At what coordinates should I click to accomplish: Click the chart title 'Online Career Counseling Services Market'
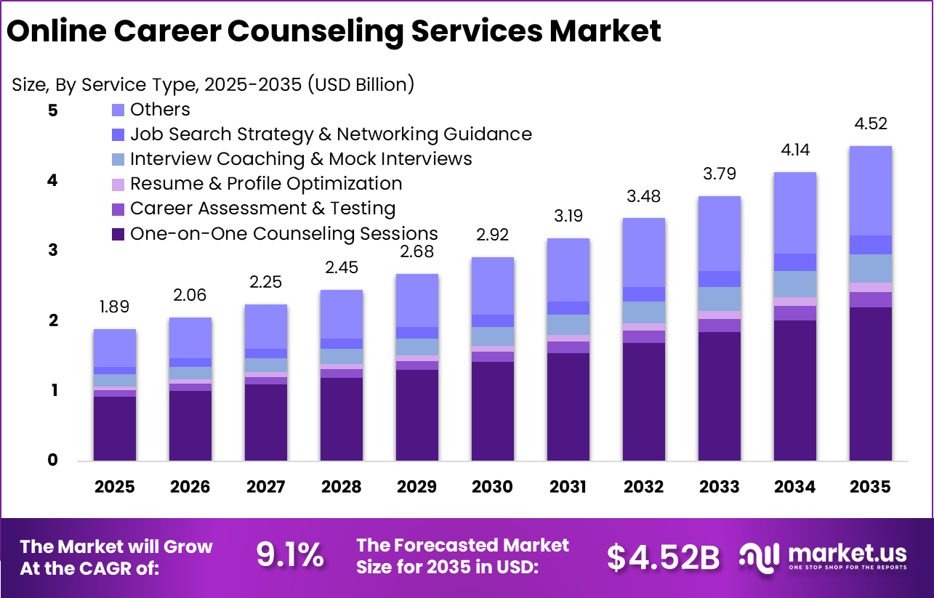tap(334, 32)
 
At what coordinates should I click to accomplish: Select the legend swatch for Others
tap(118, 110)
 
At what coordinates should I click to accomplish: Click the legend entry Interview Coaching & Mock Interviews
tap(301, 159)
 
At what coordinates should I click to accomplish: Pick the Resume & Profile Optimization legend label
tap(266, 184)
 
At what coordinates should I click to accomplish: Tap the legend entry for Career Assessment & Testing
tap(262, 209)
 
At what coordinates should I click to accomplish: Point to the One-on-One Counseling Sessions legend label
tap(283, 233)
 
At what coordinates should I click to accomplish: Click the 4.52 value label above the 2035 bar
tap(870, 124)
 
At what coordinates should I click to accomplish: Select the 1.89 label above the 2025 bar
tap(114, 306)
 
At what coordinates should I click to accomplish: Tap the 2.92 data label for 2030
tap(492, 235)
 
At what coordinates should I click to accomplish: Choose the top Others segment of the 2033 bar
tap(719, 233)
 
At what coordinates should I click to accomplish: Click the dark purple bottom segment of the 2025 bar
tap(114, 428)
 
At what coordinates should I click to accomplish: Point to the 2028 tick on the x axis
tap(341, 486)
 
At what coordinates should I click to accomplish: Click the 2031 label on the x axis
tap(568, 486)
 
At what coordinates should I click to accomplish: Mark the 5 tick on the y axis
tap(53, 110)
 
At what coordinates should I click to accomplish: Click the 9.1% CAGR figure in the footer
tap(289, 557)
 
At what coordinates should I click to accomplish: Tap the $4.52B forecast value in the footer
tap(663, 557)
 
